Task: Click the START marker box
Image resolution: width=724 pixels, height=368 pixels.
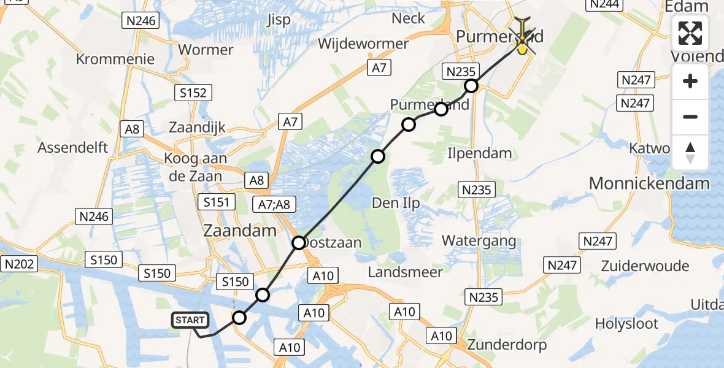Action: coord(190,320)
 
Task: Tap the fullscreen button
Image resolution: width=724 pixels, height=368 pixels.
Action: coord(690,34)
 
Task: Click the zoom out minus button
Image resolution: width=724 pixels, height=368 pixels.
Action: coord(690,117)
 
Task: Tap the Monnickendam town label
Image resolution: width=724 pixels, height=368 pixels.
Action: coord(649,183)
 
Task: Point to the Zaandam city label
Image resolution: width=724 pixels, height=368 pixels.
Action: coord(241,231)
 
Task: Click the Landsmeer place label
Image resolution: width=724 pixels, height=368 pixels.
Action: coord(406,272)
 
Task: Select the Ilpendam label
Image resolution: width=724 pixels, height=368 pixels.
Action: coord(480,153)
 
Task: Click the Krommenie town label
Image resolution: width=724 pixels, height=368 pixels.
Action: coord(115,59)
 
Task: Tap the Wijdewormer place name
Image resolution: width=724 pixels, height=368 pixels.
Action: coord(363,44)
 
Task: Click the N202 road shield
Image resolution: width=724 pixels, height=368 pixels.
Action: coord(20,264)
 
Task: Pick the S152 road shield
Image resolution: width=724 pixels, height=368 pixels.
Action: coord(193,93)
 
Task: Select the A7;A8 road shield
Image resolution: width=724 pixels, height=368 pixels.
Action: coord(274,204)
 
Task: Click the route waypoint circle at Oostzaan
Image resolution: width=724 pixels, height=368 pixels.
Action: coord(299,243)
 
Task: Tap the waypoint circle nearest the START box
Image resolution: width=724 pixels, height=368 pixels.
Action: coord(239,318)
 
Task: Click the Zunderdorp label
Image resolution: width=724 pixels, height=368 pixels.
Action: coord(507,345)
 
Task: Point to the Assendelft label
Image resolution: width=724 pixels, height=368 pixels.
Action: coord(72,147)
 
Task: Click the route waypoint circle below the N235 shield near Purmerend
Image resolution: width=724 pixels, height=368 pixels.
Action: coord(471,86)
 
